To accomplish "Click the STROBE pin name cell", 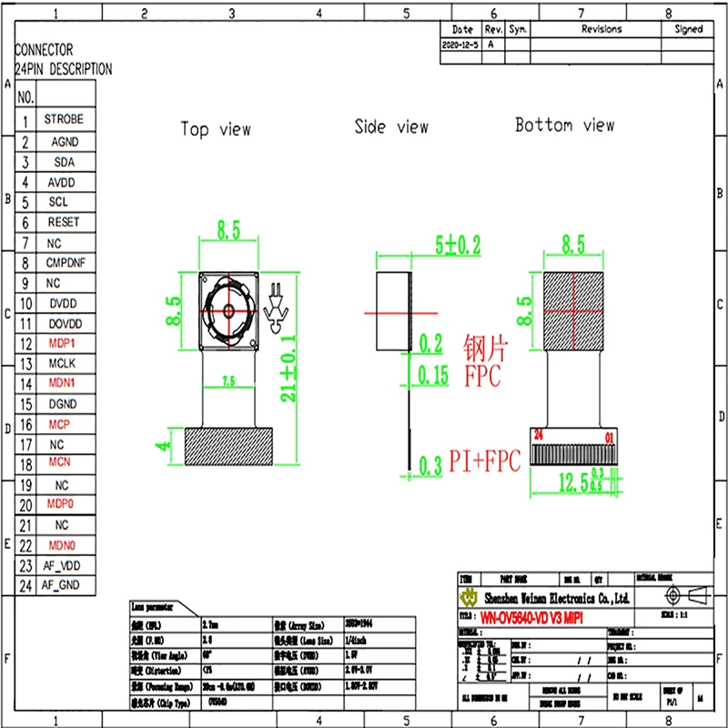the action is pyautogui.click(x=64, y=119).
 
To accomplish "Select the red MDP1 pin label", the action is pyautogui.click(x=62, y=343).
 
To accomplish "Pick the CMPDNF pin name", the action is pyautogui.click(x=66, y=263).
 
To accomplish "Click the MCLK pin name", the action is pyautogui.click(x=62, y=363).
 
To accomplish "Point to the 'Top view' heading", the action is pyautogui.click(x=216, y=129).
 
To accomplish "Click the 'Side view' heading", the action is pyautogui.click(x=391, y=126).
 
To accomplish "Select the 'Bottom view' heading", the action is pyautogui.click(x=564, y=125).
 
